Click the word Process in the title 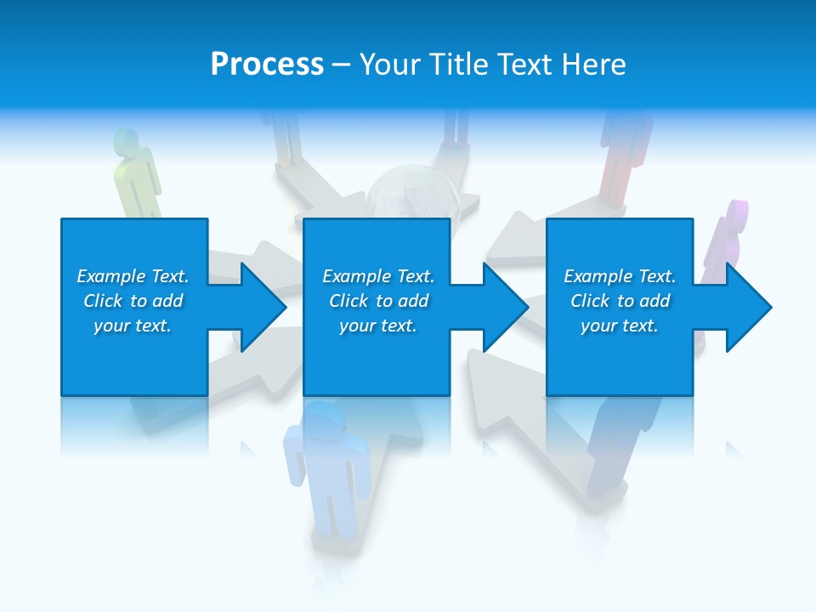pyautogui.click(x=267, y=65)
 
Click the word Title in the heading pyautogui.click(x=459, y=65)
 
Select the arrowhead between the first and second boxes pyautogui.click(x=259, y=307)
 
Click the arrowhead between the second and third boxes pyautogui.click(x=502, y=307)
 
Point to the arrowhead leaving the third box pyautogui.click(x=745, y=307)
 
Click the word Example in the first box pyautogui.click(x=111, y=276)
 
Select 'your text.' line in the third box pyautogui.click(x=619, y=326)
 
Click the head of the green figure pyautogui.click(x=127, y=140)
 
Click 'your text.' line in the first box pyautogui.click(x=133, y=326)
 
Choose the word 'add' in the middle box pyautogui.click(x=412, y=301)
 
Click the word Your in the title pyautogui.click(x=388, y=65)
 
